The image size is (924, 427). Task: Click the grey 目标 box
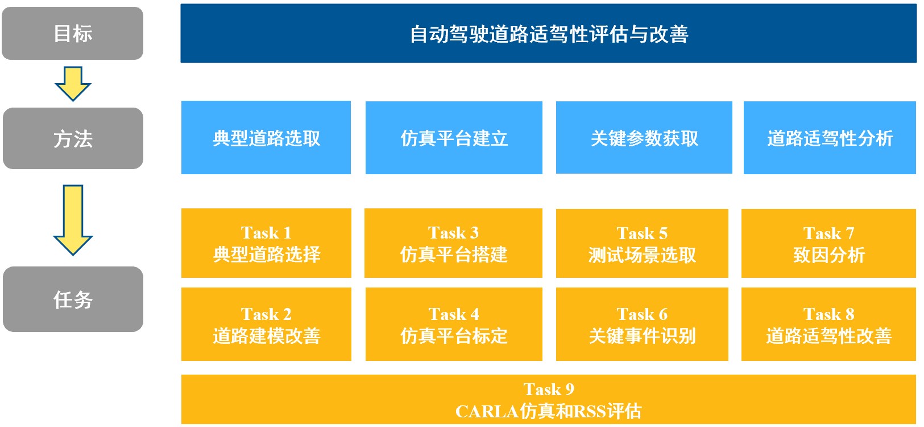[x=73, y=33]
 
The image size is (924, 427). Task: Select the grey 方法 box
[x=73, y=138]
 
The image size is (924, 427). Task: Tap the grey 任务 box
[x=73, y=299]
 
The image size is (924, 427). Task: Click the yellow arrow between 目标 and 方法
[x=73, y=84]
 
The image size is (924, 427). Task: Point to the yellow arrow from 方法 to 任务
[x=73, y=220]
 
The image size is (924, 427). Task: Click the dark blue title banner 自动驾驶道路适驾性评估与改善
[x=549, y=34]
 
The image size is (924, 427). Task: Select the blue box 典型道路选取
[x=266, y=138]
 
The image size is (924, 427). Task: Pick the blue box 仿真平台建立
[x=454, y=138]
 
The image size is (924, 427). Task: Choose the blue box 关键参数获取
[x=644, y=138]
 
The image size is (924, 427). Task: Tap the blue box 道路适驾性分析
[x=830, y=138]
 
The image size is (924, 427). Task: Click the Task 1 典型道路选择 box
[x=266, y=243]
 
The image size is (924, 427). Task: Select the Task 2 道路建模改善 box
[x=266, y=324]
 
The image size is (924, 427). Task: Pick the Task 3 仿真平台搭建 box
[x=453, y=243]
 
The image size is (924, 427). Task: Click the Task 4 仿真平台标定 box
[x=454, y=324]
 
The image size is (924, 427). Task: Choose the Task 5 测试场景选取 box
[x=642, y=243]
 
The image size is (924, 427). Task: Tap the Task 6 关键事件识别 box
[x=642, y=324]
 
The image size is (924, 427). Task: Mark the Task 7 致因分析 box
[x=828, y=243]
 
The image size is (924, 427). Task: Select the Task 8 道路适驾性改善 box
[x=828, y=324]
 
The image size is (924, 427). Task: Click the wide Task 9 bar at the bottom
[x=549, y=399]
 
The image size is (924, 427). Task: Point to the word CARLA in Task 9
[x=487, y=411]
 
